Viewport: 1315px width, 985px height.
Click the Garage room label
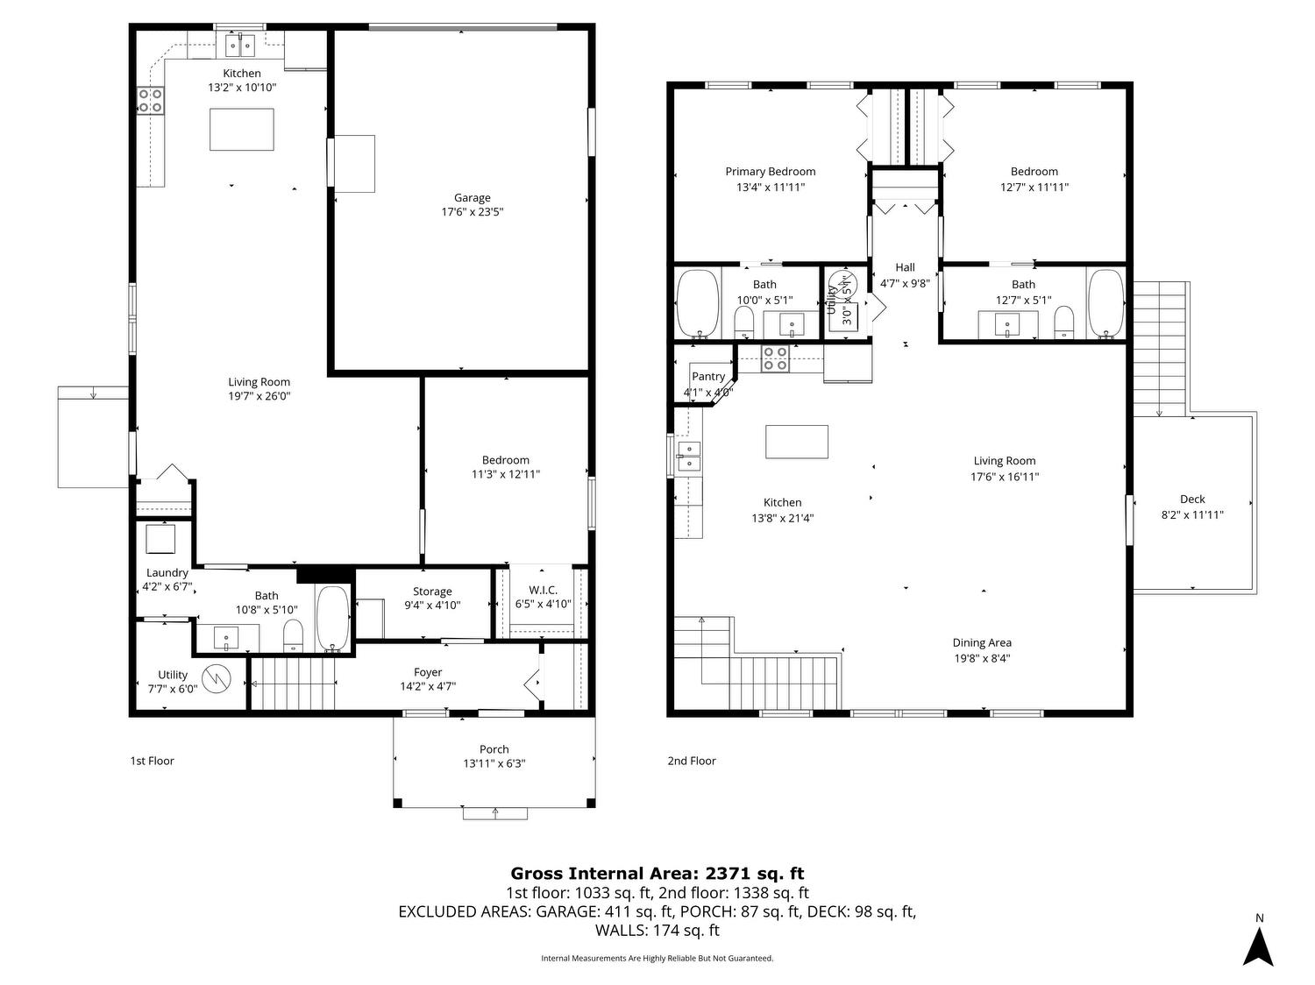(472, 197)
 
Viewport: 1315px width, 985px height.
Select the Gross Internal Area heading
(657, 874)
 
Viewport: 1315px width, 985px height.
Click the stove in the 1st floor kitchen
(151, 100)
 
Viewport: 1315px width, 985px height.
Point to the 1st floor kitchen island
(241, 130)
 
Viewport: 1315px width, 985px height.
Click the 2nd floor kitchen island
(797, 442)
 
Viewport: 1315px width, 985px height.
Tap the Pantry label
(708, 377)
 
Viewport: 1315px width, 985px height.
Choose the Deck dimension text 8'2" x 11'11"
(1192, 515)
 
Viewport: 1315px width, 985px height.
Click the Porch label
(494, 749)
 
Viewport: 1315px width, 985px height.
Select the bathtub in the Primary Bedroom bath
(697, 304)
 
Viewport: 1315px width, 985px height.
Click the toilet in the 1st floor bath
(293, 634)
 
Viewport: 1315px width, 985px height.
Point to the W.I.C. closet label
(544, 591)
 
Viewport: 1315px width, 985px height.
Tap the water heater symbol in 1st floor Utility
(216, 679)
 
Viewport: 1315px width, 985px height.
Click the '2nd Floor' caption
(692, 761)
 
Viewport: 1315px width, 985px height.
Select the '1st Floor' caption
(153, 761)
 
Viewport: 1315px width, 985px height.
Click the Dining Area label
(982, 643)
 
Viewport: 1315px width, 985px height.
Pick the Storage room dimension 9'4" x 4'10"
(432, 606)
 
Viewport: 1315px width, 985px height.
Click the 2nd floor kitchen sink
(689, 457)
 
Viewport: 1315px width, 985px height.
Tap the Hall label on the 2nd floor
(906, 267)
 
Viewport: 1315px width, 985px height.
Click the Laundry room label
(167, 573)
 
